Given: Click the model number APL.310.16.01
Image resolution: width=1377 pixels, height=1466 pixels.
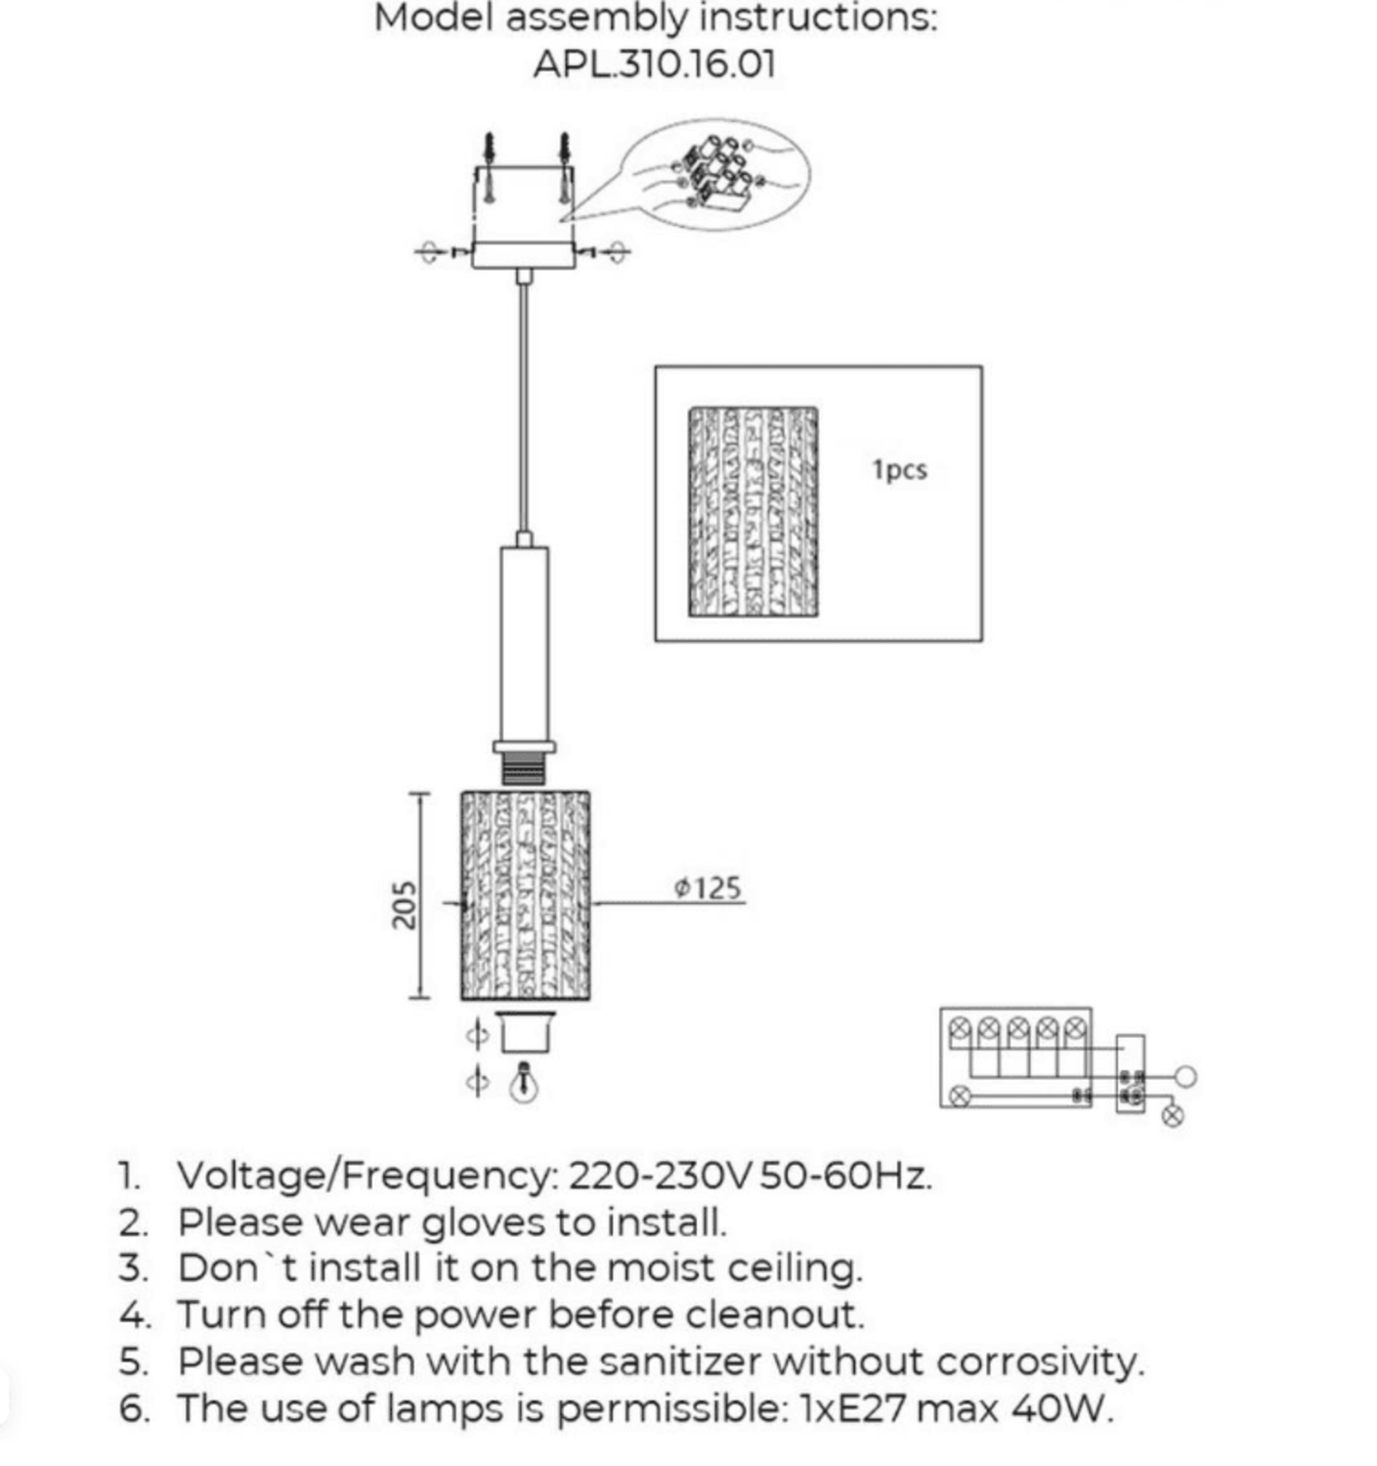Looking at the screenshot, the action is pos(654,65).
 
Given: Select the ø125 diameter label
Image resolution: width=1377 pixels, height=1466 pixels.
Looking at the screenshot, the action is pos(709,887).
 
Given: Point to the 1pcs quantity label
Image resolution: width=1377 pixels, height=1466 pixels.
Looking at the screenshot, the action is pos(899,469).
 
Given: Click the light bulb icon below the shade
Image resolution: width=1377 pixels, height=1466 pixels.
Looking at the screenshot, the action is pos(525,1082).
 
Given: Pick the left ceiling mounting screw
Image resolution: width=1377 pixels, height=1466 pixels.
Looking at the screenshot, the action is pos(489,166).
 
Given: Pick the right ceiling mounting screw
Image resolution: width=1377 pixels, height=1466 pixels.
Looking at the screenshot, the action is pos(564,166).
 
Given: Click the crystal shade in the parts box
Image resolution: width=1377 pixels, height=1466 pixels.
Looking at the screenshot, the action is pos(753,511).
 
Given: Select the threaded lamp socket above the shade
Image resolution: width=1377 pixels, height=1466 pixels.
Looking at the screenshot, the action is pos(524,770).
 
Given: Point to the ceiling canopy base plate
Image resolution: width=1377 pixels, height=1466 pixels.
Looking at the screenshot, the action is pos(524,255).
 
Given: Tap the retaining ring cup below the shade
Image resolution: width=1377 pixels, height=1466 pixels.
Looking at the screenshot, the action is pos(526,1032).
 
